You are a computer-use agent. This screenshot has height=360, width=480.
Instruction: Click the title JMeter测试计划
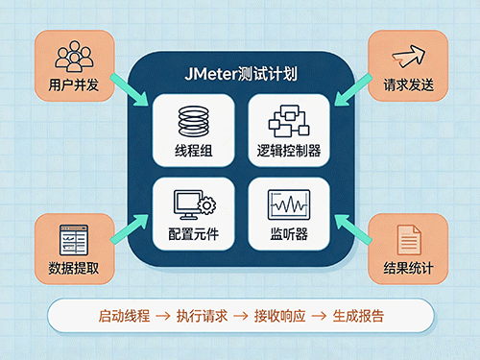coord(241,74)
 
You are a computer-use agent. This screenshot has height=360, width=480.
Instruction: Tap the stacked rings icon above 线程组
coord(194,121)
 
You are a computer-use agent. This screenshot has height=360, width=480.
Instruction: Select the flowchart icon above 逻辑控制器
coord(289,121)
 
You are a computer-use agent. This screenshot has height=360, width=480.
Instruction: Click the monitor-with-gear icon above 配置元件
coord(195,204)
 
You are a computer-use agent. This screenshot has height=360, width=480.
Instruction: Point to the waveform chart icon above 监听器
coord(289,204)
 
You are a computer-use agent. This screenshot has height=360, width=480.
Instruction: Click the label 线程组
coord(194,151)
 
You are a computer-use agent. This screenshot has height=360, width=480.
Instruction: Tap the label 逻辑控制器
coord(289,151)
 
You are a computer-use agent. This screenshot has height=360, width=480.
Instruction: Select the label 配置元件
coord(194,234)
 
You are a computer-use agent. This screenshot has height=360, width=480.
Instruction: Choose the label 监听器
coord(289,234)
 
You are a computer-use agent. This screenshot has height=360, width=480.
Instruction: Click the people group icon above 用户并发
coord(74,57)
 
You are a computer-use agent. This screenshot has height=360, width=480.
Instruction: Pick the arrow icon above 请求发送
coord(409,57)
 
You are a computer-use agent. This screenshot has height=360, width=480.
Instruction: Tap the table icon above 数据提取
coord(74,240)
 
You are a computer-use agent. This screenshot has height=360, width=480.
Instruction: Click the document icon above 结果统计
coord(409,240)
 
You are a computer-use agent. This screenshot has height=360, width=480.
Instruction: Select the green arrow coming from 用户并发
coord(130,90)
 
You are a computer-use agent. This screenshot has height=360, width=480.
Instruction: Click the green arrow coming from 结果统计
coord(353,229)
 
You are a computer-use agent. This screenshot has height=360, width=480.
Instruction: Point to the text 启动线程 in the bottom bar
coord(124,316)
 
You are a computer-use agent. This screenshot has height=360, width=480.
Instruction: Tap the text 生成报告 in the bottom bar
coord(358,316)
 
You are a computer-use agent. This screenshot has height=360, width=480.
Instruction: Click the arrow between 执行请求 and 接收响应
coord(241,316)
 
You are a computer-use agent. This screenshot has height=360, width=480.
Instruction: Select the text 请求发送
coord(409,84)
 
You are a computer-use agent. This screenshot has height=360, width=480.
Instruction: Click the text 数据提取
coord(74,268)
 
